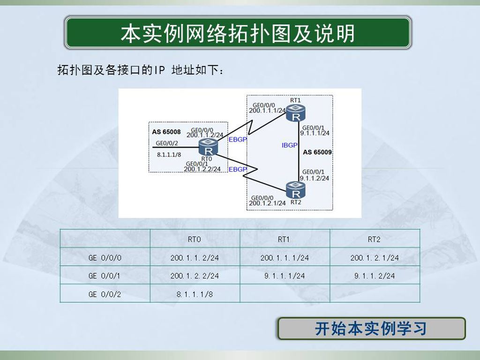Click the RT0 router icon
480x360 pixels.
pyautogui.click(x=208, y=147)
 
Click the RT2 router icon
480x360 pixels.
pyautogui.click(x=295, y=190)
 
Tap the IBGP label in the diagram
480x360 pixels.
pyautogui.click(x=289, y=145)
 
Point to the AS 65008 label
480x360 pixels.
pyautogui.click(x=166, y=132)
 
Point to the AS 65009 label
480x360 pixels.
pyautogui.click(x=317, y=152)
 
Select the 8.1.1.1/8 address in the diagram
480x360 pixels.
pyautogui.click(x=169, y=155)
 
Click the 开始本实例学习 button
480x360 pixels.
pyautogui.click(x=372, y=329)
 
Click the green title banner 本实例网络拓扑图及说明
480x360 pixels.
pyautogui.click(x=238, y=33)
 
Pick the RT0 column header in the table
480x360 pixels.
pyautogui.click(x=195, y=239)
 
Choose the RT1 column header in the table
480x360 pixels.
pyautogui.click(x=284, y=239)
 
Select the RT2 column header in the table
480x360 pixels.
pyautogui.click(x=374, y=239)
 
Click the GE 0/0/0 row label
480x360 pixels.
pyautogui.click(x=105, y=258)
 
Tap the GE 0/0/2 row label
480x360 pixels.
pyautogui.click(x=105, y=294)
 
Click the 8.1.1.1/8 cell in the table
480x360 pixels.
pyautogui.click(x=195, y=294)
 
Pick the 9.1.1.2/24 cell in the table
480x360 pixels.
pyautogui.click(x=375, y=276)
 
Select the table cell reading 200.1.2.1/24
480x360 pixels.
pyautogui.click(x=375, y=258)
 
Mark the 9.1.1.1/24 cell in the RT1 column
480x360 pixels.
pyautogui.click(x=285, y=276)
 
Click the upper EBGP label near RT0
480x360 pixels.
pyautogui.click(x=238, y=140)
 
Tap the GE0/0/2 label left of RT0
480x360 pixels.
pyautogui.click(x=167, y=143)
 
